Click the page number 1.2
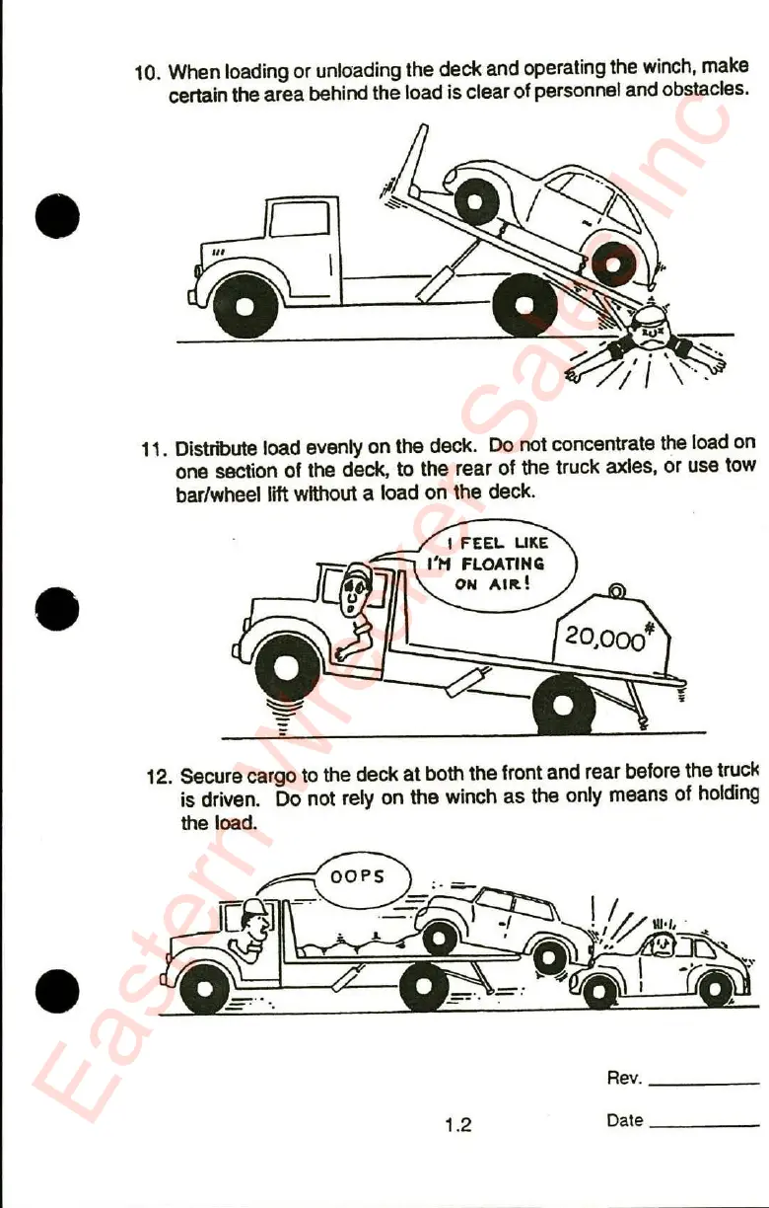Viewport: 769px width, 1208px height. [457, 1124]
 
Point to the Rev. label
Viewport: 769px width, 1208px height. [625, 1078]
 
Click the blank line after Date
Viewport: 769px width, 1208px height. [705, 1125]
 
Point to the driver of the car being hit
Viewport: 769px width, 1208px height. [662, 944]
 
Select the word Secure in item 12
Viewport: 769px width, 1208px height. [209, 777]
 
